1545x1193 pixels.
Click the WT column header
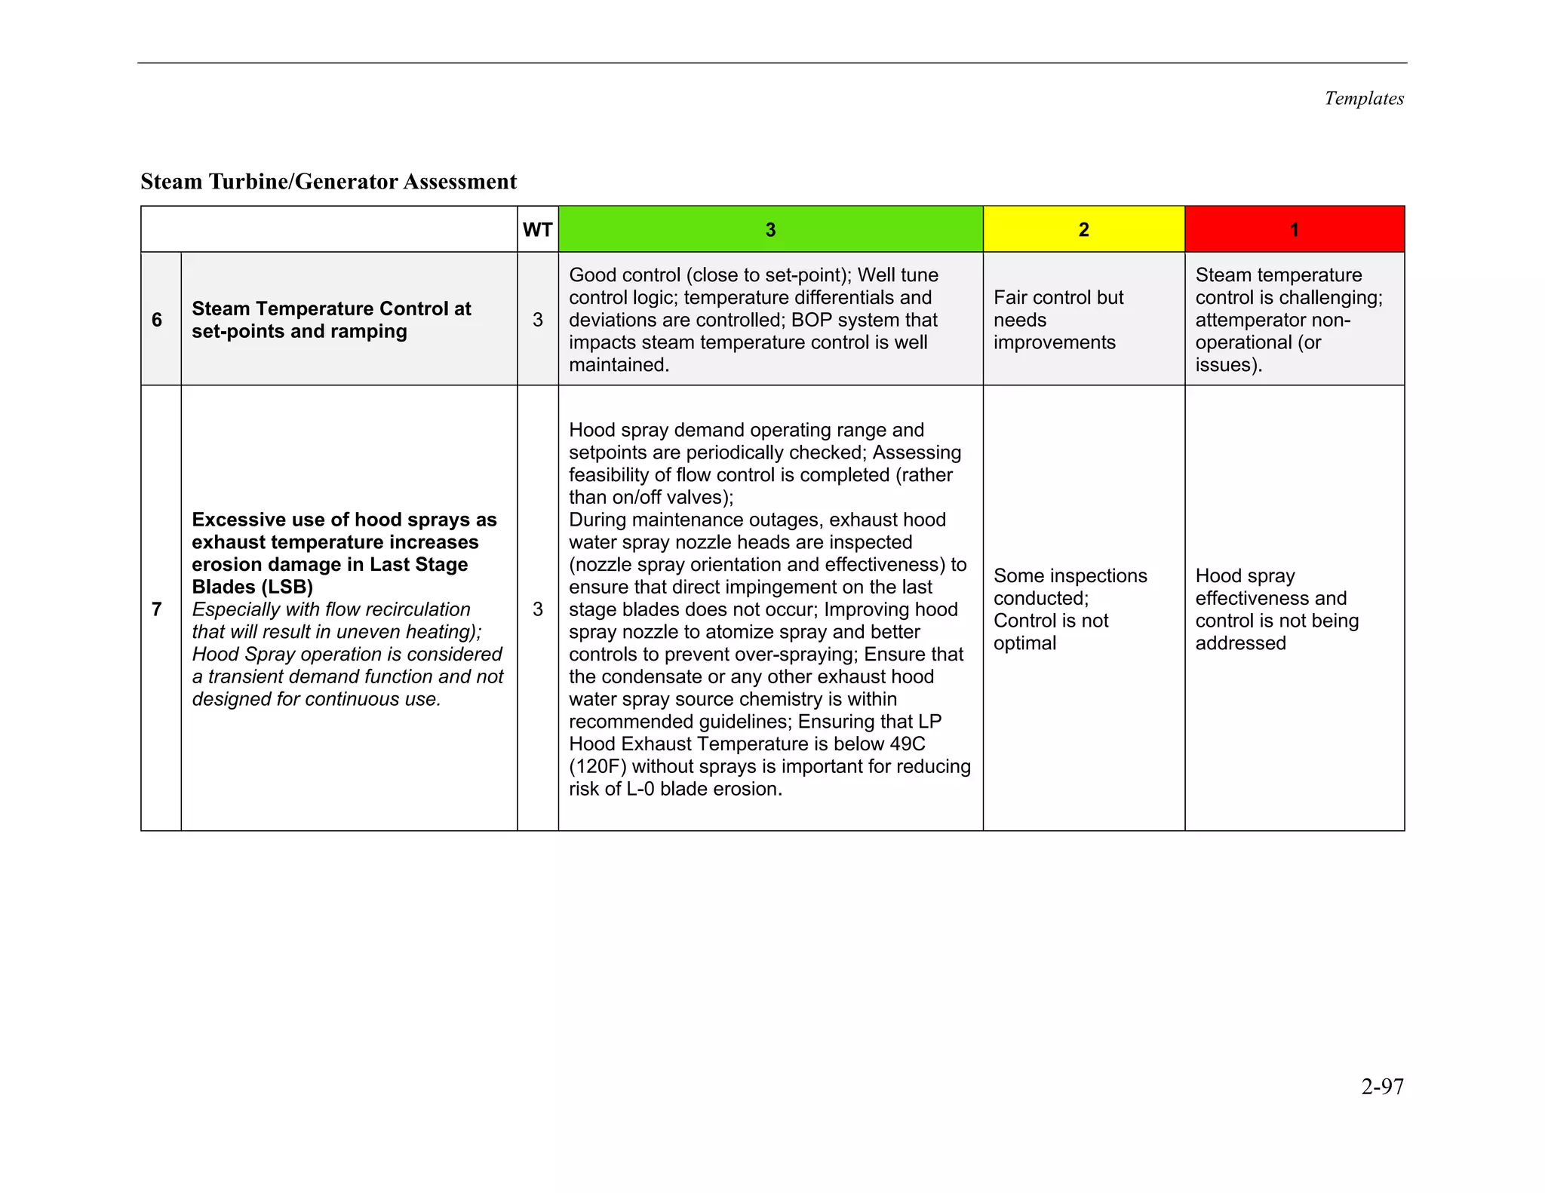click(x=537, y=230)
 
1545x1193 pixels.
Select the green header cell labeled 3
click(x=770, y=230)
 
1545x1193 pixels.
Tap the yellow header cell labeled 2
click(x=1083, y=230)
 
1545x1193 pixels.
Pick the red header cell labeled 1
click(x=1294, y=230)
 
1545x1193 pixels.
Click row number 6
click(x=157, y=320)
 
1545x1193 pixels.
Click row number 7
click(x=157, y=609)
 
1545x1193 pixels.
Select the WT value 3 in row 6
click(x=537, y=320)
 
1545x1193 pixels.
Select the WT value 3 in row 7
click(x=537, y=609)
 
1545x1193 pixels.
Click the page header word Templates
click(x=1364, y=99)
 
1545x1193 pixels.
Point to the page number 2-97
click(x=1382, y=1087)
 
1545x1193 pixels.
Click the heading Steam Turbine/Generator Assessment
click(x=328, y=182)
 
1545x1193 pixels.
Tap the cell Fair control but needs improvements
click(x=1058, y=320)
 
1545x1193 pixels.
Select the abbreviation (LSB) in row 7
click(x=287, y=587)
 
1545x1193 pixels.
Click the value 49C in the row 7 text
click(x=907, y=744)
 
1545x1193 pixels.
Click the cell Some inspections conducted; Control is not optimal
click(x=1069, y=609)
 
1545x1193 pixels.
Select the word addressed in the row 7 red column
click(x=1240, y=643)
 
